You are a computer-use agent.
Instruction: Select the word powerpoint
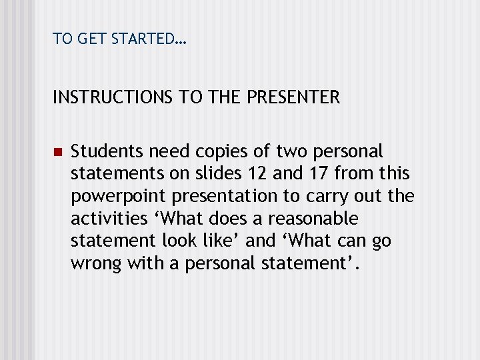110,197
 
